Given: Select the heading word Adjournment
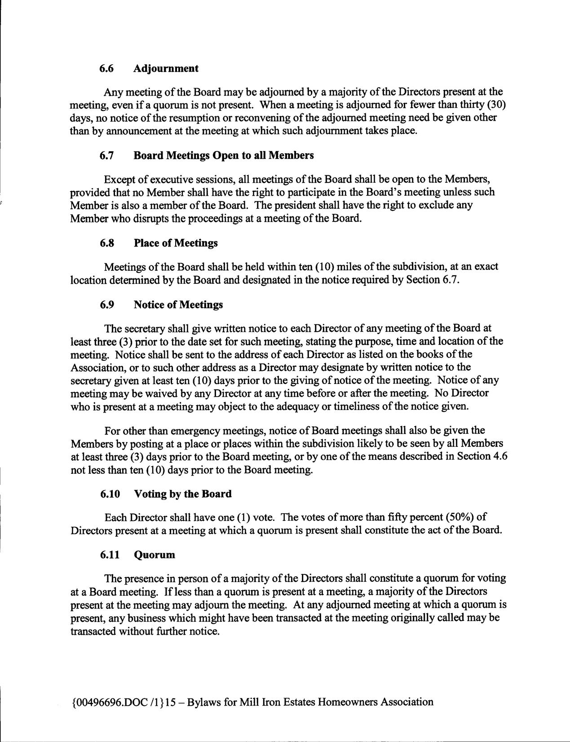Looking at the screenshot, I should coord(166,69).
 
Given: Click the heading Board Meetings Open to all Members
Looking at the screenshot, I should coord(224,156).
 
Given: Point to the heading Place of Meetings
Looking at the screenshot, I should coord(176,243).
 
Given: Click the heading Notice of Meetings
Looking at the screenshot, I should coord(178,305).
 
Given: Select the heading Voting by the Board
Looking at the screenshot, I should coord(183,494).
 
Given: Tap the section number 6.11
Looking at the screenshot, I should coord(110,555).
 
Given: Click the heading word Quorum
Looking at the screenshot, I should coord(155,555).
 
